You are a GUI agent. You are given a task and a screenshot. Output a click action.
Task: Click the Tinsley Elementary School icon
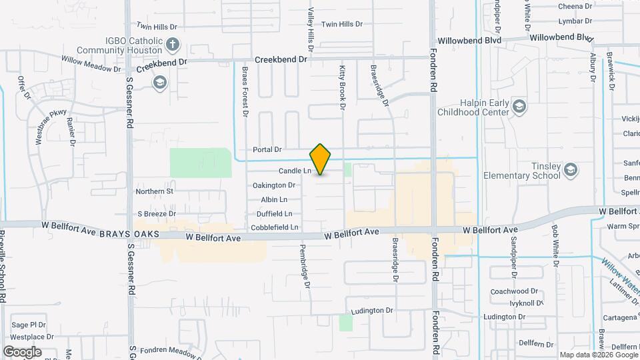(x=570, y=171)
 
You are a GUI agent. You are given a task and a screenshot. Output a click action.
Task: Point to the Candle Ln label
(x=295, y=171)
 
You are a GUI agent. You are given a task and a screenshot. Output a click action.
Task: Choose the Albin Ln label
(x=274, y=199)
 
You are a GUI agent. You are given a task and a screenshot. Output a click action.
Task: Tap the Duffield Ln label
(x=275, y=214)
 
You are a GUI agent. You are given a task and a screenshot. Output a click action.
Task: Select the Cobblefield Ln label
(x=275, y=227)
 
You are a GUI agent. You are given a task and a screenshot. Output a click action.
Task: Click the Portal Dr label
(x=268, y=150)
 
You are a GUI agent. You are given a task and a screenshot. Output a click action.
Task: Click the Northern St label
(x=154, y=191)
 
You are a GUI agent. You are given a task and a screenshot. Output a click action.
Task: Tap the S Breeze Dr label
(x=156, y=214)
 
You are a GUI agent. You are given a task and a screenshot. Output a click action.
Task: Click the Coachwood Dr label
(x=514, y=291)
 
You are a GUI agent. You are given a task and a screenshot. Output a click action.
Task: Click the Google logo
(x=23, y=351)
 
